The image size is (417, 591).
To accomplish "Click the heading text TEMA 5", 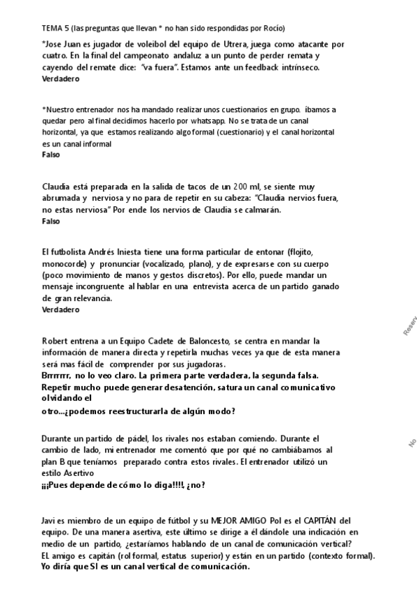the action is click(56, 28).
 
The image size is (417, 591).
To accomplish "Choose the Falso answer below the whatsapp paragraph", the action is click(51, 155).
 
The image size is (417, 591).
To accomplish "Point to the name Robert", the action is click(56, 340).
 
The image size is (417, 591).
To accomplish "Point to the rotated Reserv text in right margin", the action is click(409, 325).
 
